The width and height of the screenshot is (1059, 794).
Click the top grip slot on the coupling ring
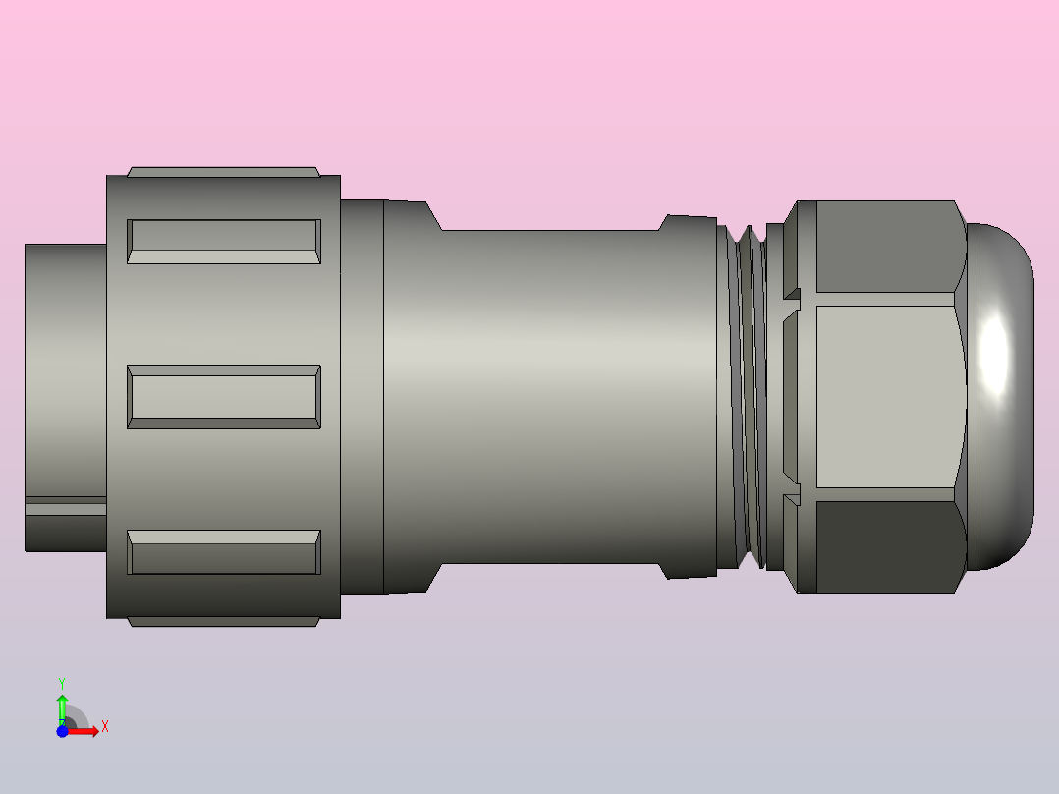click(x=224, y=242)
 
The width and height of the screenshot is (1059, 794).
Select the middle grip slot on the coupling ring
click(x=224, y=397)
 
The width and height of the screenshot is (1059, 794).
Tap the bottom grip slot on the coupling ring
click(x=224, y=552)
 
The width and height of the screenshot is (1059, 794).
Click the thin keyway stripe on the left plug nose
click(x=65, y=507)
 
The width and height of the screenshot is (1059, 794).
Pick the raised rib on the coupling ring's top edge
click(x=224, y=171)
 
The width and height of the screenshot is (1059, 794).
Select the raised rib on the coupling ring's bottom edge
click(x=224, y=622)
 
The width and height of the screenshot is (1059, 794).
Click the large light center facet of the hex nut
click(x=884, y=397)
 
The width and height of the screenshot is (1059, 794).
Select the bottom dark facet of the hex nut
click(x=884, y=547)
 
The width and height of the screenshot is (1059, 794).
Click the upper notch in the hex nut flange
click(x=792, y=294)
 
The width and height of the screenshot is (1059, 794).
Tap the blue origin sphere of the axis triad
click(x=62, y=731)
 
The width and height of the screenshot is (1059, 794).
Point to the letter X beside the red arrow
click(x=105, y=727)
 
